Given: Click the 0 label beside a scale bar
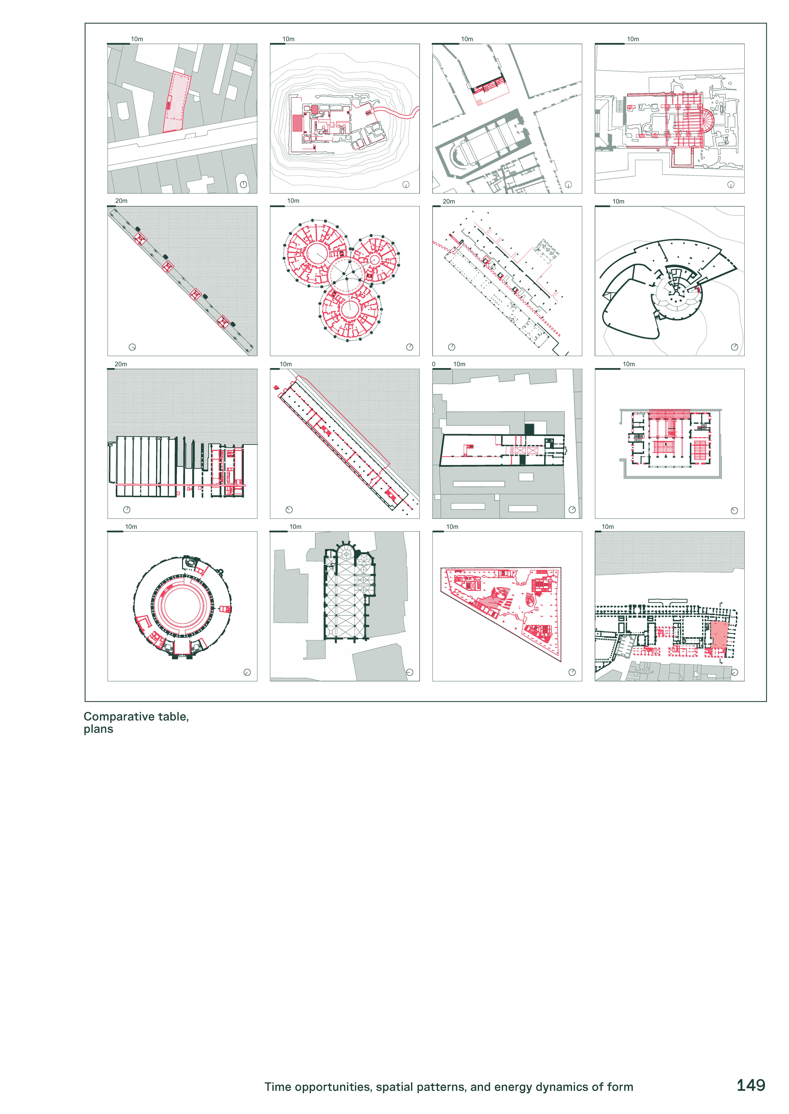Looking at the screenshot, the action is pos(434,364).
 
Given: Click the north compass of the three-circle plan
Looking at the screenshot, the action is pos(410,347).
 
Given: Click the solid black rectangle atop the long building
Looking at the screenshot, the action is pos(529,429).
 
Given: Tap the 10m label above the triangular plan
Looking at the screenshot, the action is pos(452,527).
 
